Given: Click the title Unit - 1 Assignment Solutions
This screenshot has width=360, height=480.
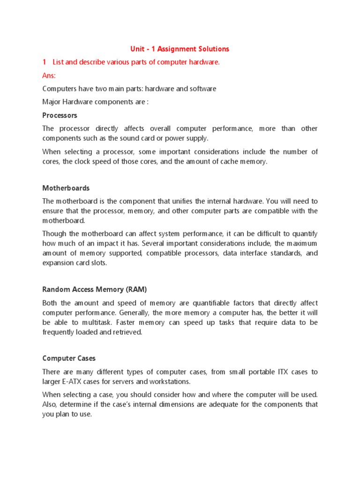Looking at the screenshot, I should coord(180,49).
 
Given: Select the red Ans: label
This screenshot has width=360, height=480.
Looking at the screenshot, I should coord(49,75).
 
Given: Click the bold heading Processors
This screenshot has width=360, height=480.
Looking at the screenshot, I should coord(60,115).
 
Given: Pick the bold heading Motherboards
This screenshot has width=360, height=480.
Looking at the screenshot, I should coord(66,188).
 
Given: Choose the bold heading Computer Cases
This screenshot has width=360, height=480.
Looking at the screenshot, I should coord(68,358).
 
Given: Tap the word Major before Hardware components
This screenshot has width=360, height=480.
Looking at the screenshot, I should coord(52,102).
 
